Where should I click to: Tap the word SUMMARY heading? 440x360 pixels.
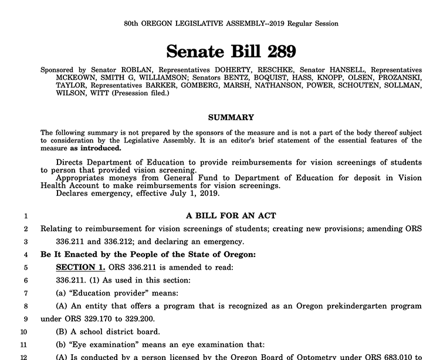point(231,117)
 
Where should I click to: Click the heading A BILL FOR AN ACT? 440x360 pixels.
point(231,216)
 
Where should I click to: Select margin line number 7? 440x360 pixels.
point(26,293)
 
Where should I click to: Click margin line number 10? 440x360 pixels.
point(24,331)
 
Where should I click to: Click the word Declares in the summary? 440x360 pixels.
point(72,193)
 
